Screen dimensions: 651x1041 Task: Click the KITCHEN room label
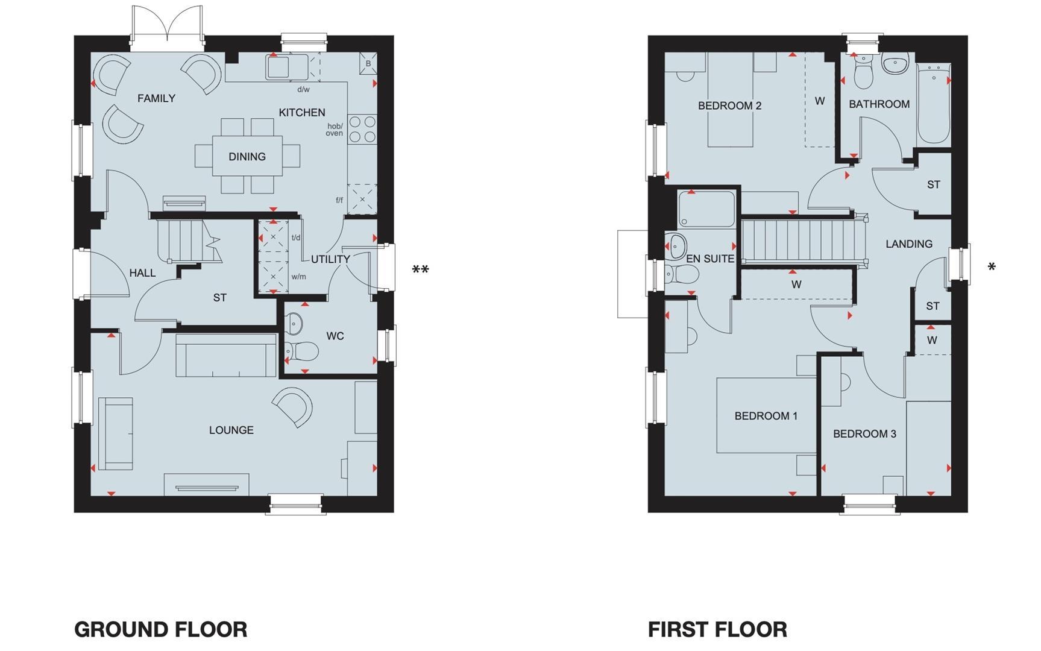coord(302,113)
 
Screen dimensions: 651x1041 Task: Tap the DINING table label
coord(247,157)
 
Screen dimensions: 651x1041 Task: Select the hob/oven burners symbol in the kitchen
coord(362,129)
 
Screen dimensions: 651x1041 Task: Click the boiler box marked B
coord(368,63)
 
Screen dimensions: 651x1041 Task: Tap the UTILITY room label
coord(330,259)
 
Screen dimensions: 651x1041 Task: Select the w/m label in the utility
coord(298,277)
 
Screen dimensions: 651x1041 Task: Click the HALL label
coord(142,273)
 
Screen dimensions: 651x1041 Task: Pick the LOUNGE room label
coord(231,430)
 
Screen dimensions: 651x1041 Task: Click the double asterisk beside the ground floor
coord(420,270)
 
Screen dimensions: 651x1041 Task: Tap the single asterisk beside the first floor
coord(992,267)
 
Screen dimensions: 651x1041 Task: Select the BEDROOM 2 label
coord(729,106)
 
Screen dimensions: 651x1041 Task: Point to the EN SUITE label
coord(710,259)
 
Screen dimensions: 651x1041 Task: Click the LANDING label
coord(908,244)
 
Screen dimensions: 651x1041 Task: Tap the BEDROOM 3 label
coord(864,434)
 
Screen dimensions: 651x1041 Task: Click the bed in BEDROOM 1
coord(766,416)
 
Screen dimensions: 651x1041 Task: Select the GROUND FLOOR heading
coord(160,629)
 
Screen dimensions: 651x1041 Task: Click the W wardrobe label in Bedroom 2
coord(819,101)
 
